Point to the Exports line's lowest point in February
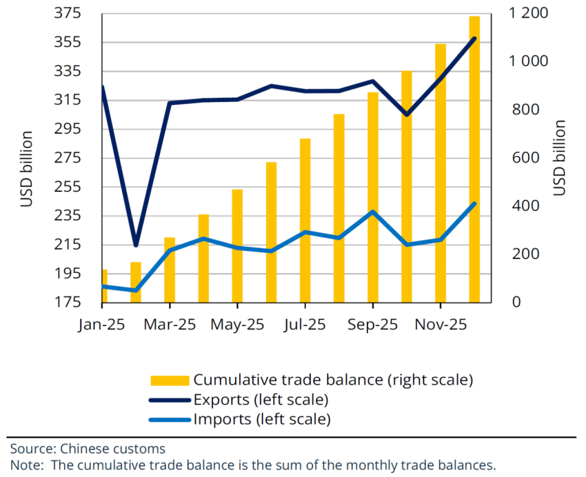pyautogui.click(x=135, y=245)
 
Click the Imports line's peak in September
pyautogui.click(x=372, y=211)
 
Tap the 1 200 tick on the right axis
pyautogui.click(x=528, y=13)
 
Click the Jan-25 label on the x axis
pyautogui.click(x=101, y=325)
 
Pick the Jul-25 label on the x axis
pyautogui.click(x=304, y=325)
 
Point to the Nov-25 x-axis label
pyautogui.click(x=440, y=325)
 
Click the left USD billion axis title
pyautogui.click(x=27, y=169)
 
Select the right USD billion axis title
pyautogui.click(x=559, y=158)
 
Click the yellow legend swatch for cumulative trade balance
pyautogui.click(x=170, y=380)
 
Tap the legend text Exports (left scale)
pyautogui.click(x=261, y=400)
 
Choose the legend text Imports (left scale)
pyautogui.click(x=262, y=420)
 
